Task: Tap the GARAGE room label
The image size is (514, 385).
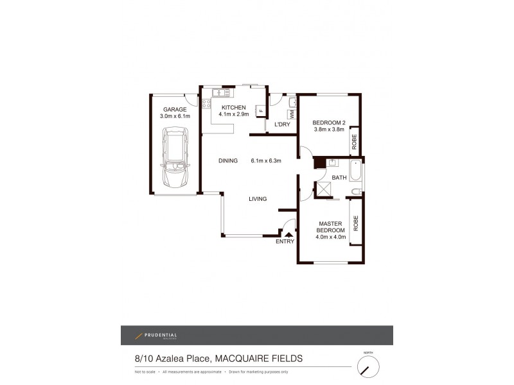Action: pyautogui.click(x=175, y=109)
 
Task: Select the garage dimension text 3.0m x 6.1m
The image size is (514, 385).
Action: pyautogui.click(x=175, y=116)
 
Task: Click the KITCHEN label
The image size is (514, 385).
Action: pyautogui.click(x=233, y=107)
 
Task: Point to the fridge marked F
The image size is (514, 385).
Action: pyautogui.click(x=261, y=111)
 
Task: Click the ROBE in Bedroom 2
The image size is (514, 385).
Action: pyautogui.click(x=354, y=141)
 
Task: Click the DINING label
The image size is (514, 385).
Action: pyautogui.click(x=228, y=160)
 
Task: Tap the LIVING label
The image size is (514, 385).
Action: pyautogui.click(x=258, y=199)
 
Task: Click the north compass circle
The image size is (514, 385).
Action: pyautogui.click(x=368, y=367)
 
